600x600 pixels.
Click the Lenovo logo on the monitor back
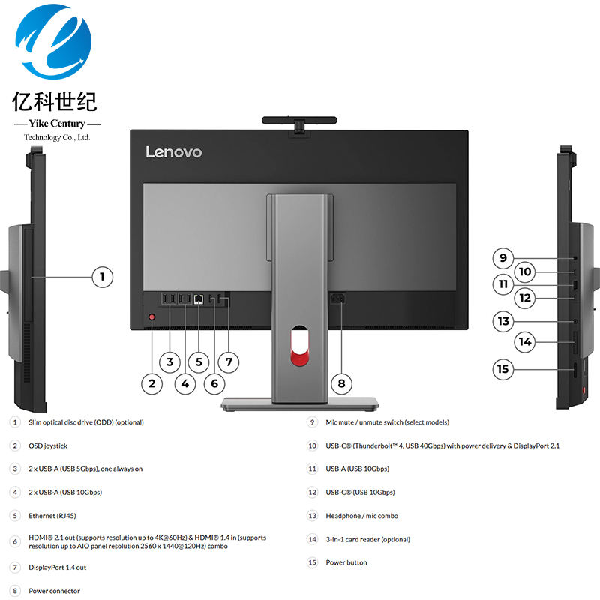click(x=173, y=152)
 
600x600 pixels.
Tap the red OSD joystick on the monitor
click(x=152, y=318)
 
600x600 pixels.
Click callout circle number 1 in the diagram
click(x=103, y=277)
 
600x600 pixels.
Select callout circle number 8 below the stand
click(x=341, y=383)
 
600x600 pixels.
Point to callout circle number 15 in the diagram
click(x=502, y=369)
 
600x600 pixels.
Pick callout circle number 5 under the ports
click(x=199, y=361)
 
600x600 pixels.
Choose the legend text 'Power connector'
click(x=54, y=591)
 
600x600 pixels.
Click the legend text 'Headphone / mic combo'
click(x=361, y=516)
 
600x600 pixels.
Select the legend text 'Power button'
click(x=346, y=562)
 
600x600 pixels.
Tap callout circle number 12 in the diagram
click(x=525, y=298)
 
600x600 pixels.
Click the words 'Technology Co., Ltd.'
click(x=57, y=138)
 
